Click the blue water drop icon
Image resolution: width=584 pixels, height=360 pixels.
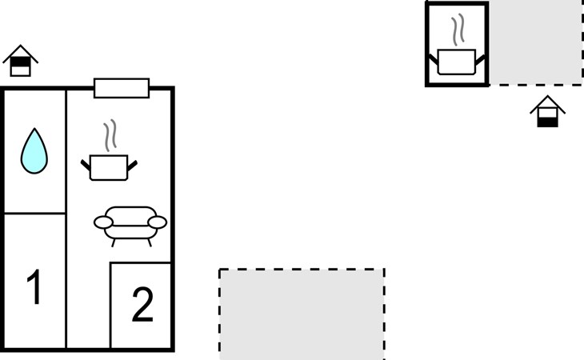pos(34,152)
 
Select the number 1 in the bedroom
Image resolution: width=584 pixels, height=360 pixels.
pos(34,288)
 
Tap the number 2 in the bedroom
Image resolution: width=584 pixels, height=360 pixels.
pos(142,305)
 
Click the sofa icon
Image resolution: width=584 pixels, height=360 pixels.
pos(130,223)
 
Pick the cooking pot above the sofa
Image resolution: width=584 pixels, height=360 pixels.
pos(109,167)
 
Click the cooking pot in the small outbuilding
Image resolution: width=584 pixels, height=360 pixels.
pos(457,62)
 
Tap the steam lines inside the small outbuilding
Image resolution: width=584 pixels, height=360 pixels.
pos(458,31)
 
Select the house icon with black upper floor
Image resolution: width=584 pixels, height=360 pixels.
pos(21,62)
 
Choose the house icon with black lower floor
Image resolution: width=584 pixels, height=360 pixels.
pos(547,113)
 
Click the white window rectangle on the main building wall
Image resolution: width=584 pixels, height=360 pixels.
pos(122,88)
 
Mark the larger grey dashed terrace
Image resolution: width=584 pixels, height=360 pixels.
pos(302,314)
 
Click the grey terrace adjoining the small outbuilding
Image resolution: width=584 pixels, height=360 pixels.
pos(535,42)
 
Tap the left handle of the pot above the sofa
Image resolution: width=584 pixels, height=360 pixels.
pos(85,165)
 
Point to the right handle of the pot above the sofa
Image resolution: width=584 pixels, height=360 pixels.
pos(133,165)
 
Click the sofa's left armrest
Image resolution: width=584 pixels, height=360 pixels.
pos(101,222)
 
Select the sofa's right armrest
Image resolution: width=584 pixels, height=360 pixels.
pos(158,222)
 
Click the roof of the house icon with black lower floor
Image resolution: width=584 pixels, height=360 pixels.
pos(547,102)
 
